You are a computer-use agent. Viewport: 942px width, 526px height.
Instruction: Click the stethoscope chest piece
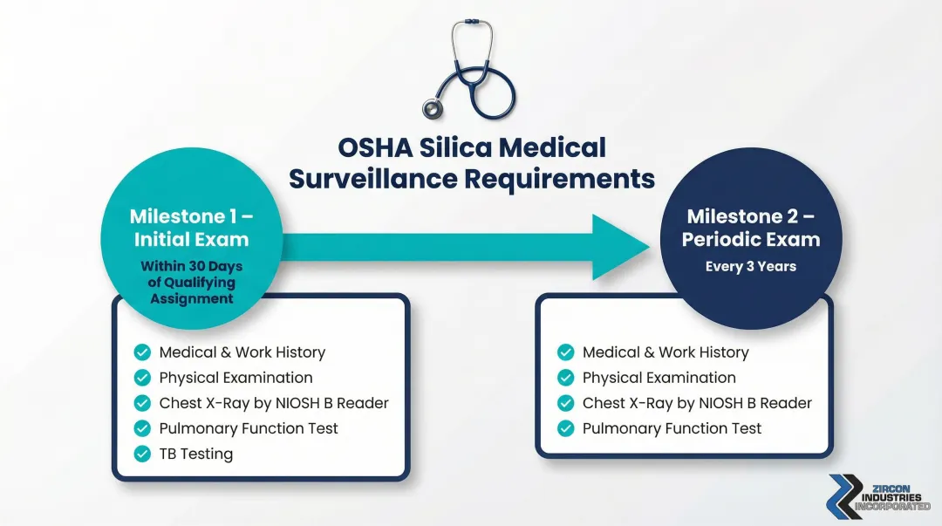click(433, 108)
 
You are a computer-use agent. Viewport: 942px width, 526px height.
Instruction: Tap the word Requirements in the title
click(559, 178)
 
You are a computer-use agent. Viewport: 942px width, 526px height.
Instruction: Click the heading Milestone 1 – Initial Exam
click(190, 228)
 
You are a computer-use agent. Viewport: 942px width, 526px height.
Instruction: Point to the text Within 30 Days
click(191, 267)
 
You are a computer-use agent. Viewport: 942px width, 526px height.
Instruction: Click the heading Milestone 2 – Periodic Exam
click(751, 228)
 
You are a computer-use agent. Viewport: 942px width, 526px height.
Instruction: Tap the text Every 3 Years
click(751, 266)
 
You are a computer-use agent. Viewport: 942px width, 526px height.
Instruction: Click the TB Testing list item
click(196, 454)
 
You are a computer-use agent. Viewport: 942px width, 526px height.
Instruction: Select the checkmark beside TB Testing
click(141, 454)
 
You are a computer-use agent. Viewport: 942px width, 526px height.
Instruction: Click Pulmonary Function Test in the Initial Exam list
click(249, 428)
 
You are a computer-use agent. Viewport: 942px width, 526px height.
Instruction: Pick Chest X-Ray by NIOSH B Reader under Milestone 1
click(274, 403)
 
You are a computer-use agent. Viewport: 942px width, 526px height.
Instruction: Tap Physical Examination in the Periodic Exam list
click(659, 378)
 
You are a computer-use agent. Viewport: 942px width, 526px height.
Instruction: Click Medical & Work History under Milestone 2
click(666, 352)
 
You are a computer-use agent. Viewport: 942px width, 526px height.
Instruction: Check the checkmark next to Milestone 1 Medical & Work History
click(141, 352)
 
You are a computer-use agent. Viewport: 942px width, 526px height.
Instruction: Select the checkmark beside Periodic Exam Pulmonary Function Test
click(565, 428)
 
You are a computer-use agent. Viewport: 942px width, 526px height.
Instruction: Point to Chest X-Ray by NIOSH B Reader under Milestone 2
click(697, 403)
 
